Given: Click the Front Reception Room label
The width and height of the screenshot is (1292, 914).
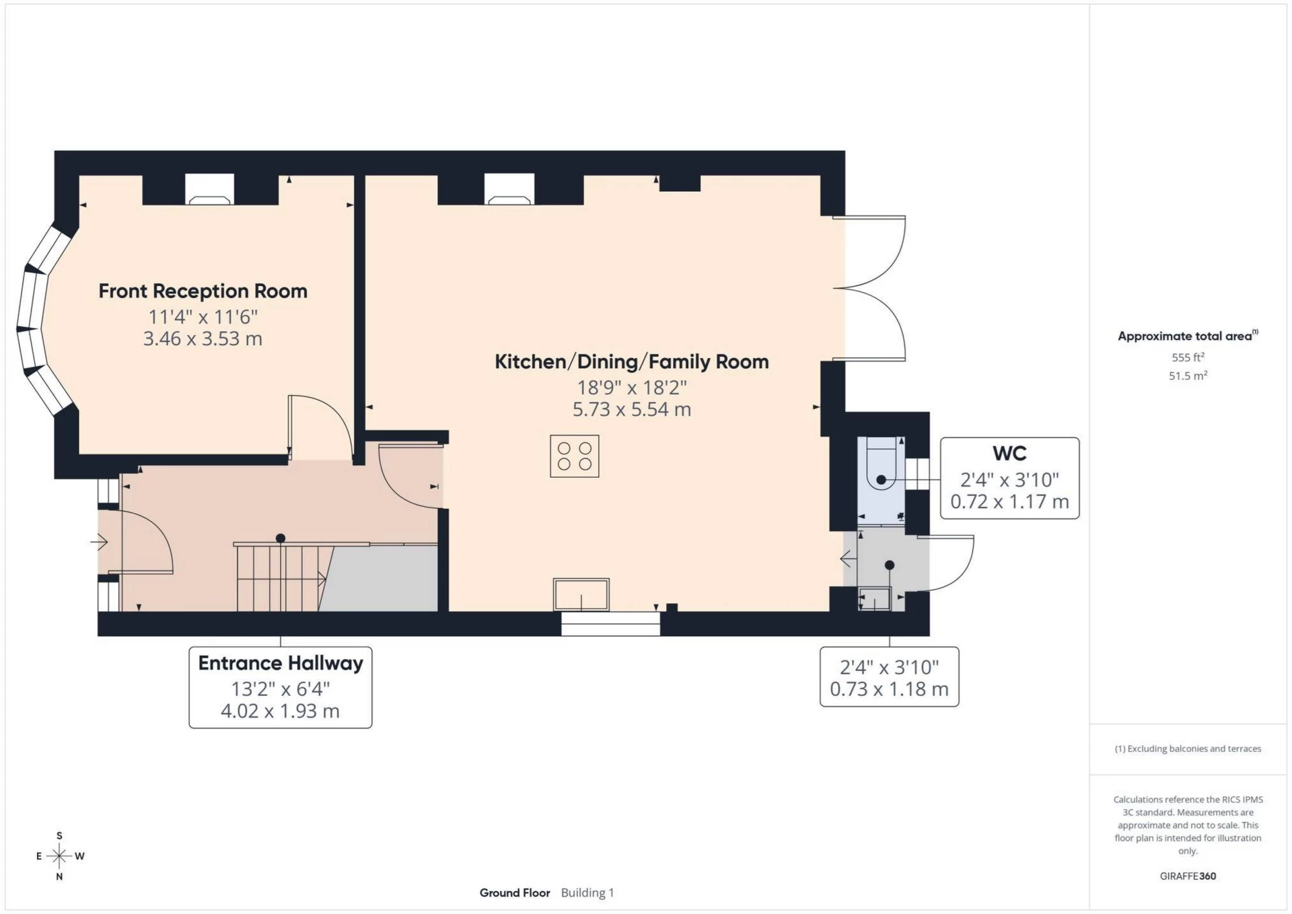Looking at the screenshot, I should [x=203, y=291].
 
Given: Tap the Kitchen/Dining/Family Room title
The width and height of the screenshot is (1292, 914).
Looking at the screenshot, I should [x=631, y=361].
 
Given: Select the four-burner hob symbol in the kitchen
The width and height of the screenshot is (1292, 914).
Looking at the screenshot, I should [x=574, y=456].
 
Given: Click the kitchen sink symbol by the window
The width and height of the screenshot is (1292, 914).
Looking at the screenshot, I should [x=581, y=595].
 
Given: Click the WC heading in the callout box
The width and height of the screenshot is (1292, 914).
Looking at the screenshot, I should [x=1009, y=454].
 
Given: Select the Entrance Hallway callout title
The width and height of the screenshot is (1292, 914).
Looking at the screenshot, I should [x=280, y=663].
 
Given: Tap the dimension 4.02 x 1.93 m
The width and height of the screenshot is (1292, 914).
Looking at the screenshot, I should [x=280, y=711].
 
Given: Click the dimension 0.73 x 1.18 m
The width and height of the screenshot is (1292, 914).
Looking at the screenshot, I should [x=889, y=689].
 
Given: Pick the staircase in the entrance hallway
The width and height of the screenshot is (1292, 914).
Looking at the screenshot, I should [x=279, y=577].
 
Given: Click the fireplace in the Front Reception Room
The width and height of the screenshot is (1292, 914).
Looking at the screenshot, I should [x=210, y=190].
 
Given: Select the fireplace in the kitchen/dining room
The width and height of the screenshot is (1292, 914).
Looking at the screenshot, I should [x=509, y=190].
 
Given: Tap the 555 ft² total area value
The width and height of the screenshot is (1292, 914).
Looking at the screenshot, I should [x=1188, y=357].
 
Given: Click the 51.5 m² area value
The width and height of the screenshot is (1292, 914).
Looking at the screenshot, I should [x=1188, y=376].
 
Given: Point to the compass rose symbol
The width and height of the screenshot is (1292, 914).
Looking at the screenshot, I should [x=59, y=856].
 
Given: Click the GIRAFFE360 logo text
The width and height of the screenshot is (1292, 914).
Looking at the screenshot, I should [x=1188, y=876].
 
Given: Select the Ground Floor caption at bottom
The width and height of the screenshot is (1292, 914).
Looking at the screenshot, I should [x=515, y=892].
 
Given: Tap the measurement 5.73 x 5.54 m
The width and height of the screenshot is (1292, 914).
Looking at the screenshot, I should [x=631, y=409].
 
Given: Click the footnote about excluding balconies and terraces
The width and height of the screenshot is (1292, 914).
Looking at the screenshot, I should [x=1188, y=748].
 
